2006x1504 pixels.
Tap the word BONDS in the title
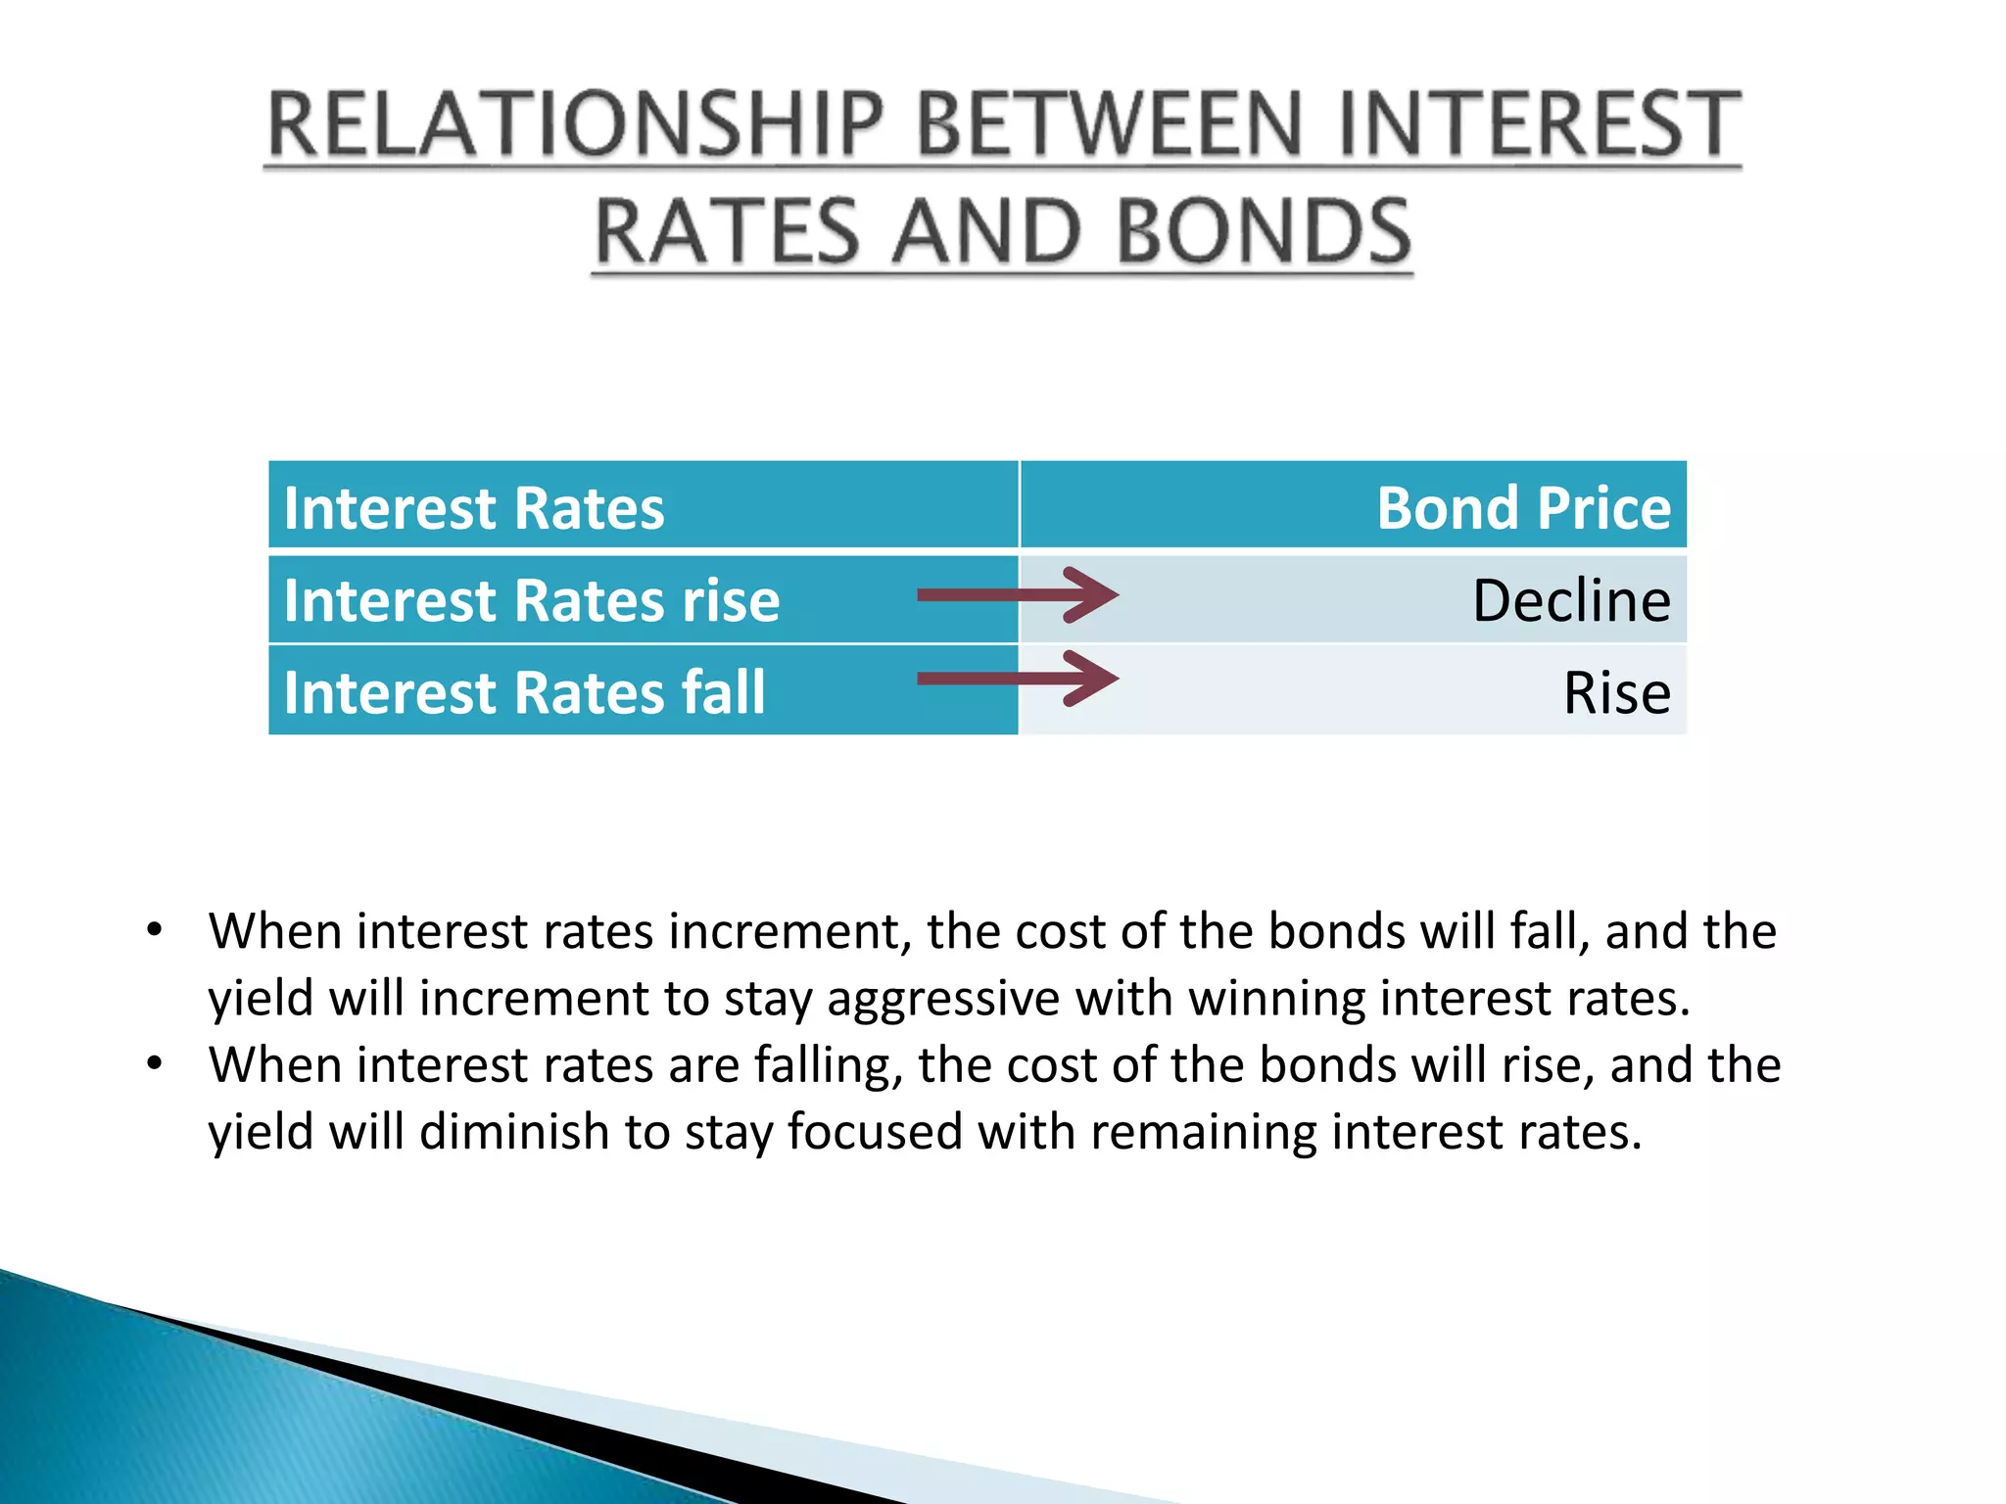tap(1264, 232)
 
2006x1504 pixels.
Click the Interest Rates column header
tap(474, 508)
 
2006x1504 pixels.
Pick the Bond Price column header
tap(1523, 508)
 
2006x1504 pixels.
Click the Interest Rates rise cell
tap(532, 600)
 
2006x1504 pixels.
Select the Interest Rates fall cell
tap(524, 692)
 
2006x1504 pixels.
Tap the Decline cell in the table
tap(1571, 600)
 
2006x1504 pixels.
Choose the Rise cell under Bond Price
tap(1616, 692)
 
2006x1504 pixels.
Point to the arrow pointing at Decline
tap(1019, 594)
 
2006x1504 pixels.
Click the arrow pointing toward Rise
tap(1019, 678)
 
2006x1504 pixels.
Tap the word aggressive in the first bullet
tap(942, 1000)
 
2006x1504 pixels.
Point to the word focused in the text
tap(875, 1131)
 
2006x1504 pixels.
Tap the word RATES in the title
tap(726, 232)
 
